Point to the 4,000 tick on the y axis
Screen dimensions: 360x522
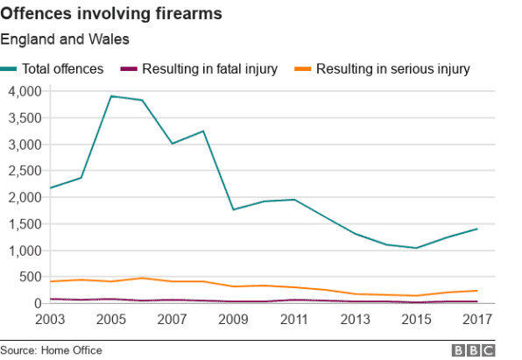tap(25, 91)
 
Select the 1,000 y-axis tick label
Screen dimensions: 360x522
tap(25, 251)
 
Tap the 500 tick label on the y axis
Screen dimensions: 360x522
tap(32, 277)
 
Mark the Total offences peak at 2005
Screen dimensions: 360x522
tap(111, 95)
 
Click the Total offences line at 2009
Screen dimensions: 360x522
tap(233, 209)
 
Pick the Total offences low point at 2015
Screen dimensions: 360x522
tap(416, 248)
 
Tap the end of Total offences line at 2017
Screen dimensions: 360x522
tap(476, 229)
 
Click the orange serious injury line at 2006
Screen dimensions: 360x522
tap(142, 278)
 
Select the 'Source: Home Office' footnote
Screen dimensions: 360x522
tap(51, 350)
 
